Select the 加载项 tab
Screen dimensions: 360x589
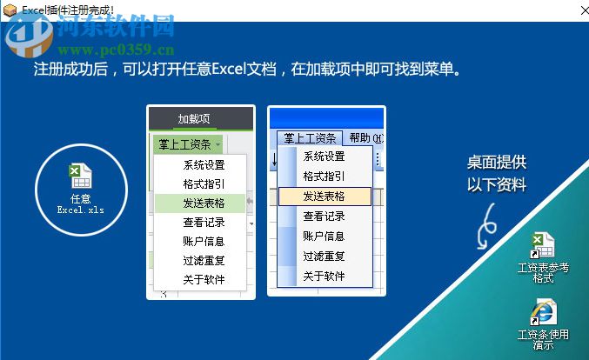point(193,119)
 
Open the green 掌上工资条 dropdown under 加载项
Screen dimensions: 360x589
point(188,144)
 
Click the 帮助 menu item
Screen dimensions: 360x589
point(360,137)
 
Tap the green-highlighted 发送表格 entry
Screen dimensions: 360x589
point(203,203)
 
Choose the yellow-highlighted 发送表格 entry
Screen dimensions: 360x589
point(324,197)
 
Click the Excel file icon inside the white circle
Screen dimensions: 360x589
point(80,176)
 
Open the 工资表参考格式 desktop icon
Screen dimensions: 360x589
point(542,246)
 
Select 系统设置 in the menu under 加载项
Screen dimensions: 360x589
point(203,164)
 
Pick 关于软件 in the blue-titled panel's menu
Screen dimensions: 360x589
point(324,277)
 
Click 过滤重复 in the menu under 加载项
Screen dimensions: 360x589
point(203,260)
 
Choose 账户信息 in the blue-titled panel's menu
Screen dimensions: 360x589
point(324,237)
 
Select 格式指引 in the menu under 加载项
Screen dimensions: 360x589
point(203,183)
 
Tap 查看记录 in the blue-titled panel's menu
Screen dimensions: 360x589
point(324,217)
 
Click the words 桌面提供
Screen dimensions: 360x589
point(497,162)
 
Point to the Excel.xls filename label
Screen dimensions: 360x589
point(80,210)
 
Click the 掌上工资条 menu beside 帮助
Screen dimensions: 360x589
point(311,137)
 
